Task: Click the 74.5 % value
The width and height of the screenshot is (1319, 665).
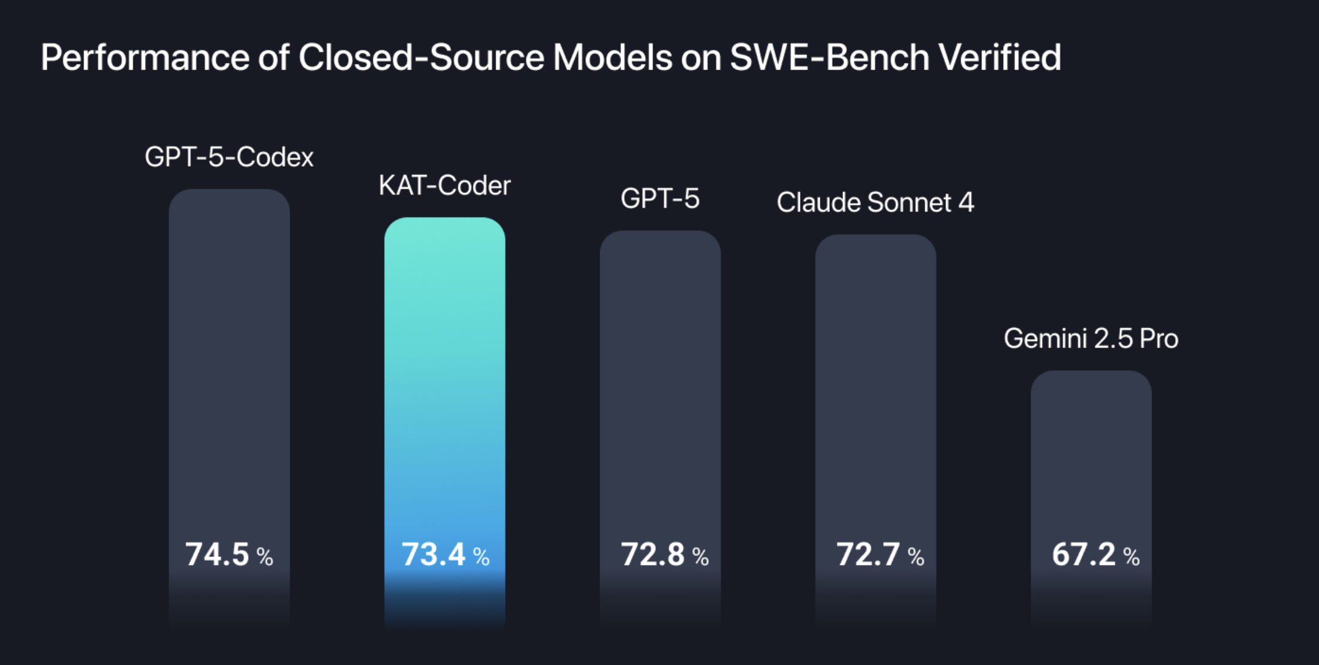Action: click(x=228, y=555)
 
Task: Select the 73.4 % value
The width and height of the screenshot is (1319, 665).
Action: click(x=445, y=555)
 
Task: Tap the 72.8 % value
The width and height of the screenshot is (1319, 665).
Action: click(x=664, y=555)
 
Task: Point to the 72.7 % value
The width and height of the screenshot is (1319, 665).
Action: click(x=880, y=555)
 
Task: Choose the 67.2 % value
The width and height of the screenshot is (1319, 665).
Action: click(x=1095, y=555)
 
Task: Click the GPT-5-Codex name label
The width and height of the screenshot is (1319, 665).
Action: click(x=229, y=158)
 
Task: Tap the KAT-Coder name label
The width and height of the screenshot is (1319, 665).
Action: click(x=444, y=186)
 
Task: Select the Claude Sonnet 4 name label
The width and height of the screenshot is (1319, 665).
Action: click(x=875, y=202)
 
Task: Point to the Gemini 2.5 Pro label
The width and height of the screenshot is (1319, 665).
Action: click(x=1091, y=338)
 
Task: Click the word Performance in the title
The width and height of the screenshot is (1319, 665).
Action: click(x=144, y=58)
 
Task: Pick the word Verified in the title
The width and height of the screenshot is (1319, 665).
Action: click(x=999, y=58)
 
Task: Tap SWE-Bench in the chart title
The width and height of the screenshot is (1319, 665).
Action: click(x=829, y=58)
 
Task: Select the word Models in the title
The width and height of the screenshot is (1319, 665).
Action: click(x=612, y=58)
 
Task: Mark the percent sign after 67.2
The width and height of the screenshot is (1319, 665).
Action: click(x=1131, y=557)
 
